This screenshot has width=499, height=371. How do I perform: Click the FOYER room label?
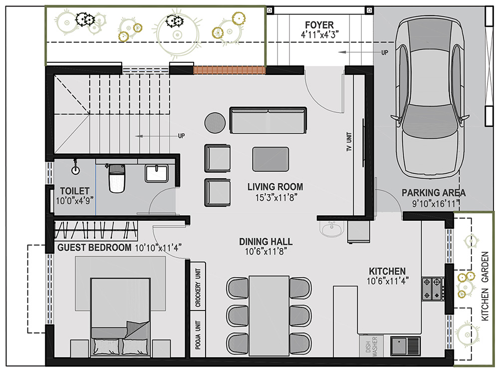click(319, 25)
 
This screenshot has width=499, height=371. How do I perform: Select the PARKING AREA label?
click(434, 193)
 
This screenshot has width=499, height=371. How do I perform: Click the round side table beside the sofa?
click(215, 122)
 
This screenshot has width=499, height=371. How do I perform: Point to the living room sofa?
click(268, 120)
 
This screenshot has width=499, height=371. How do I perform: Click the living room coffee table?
click(270, 159)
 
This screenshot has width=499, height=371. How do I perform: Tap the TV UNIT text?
click(349, 142)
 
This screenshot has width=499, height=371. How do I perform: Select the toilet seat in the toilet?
click(116, 178)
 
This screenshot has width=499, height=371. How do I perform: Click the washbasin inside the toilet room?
click(157, 173)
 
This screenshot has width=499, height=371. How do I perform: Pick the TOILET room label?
click(75, 191)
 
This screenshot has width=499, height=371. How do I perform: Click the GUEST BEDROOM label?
click(94, 248)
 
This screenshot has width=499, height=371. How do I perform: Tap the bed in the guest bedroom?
click(120, 317)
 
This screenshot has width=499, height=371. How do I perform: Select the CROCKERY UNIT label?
click(198, 288)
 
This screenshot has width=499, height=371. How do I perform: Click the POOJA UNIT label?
click(198, 335)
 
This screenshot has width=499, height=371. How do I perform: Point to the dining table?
click(269, 316)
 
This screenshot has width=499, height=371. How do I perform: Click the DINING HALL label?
click(266, 242)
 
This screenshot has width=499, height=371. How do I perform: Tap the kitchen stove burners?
click(433, 289)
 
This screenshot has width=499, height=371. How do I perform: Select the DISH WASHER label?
click(371, 346)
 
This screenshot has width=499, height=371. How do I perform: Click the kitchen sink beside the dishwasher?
click(405, 346)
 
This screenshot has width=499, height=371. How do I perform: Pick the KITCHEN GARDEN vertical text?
click(485, 286)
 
